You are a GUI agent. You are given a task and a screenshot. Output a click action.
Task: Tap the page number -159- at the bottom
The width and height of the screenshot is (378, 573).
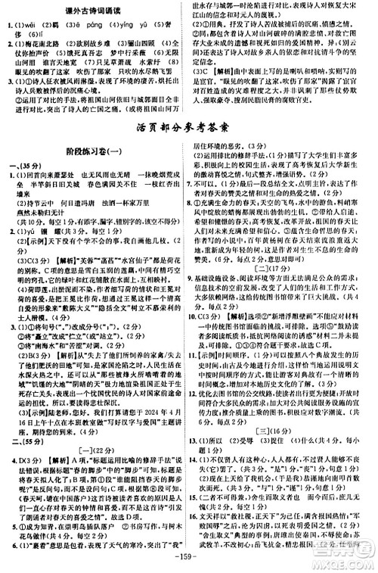[x=189, y=564]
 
